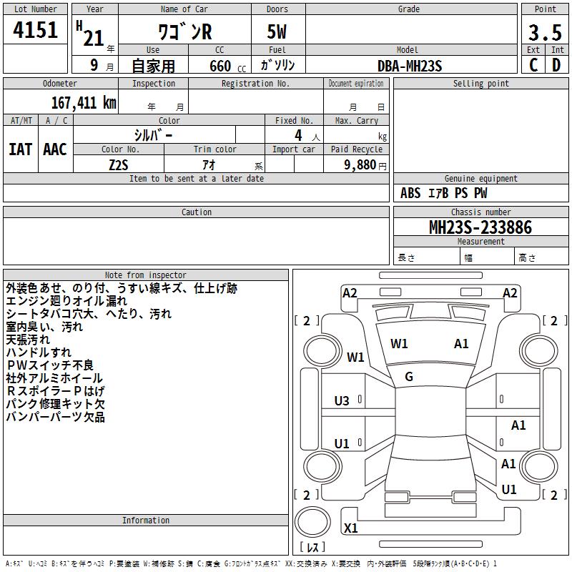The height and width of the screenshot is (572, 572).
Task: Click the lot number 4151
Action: [x=35, y=29]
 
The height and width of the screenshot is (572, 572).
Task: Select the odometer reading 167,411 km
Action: [x=84, y=103]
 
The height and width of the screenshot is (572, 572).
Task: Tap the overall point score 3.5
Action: [x=545, y=32]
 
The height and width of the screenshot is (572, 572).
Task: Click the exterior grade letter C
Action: [x=533, y=65]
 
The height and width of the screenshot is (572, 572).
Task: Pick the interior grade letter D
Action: [x=556, y=65]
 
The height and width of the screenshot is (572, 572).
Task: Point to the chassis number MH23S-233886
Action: [x=480, y=227]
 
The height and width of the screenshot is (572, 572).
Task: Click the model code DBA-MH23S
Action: [x=410, y=66]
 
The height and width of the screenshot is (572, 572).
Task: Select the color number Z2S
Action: [x=119, y=165]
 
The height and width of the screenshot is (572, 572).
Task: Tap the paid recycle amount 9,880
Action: [x=360, y=165]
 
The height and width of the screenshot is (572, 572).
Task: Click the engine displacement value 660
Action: [x=220, y=66]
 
